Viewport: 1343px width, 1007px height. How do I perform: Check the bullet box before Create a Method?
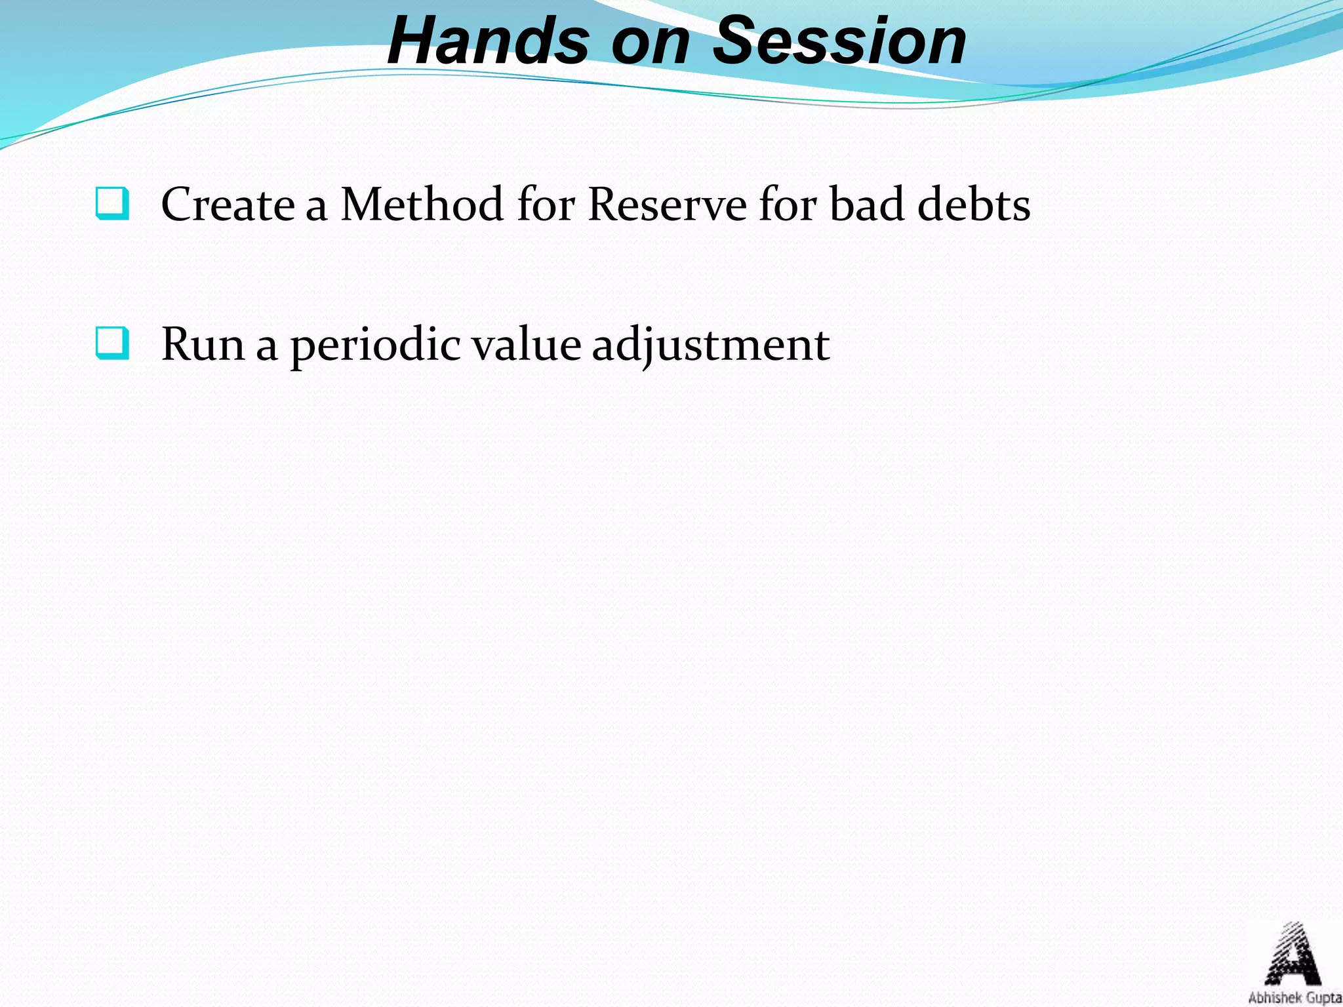112,203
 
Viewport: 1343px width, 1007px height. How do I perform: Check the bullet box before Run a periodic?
112,343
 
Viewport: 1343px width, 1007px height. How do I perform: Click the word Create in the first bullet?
228,205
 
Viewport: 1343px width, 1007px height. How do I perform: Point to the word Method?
422,205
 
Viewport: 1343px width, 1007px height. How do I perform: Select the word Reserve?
667,205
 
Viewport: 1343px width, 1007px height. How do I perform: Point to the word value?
527,344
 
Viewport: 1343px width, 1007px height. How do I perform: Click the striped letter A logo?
1292,954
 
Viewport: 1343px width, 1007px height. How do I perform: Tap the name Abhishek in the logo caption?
1271,998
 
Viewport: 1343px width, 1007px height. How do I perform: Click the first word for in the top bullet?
546,205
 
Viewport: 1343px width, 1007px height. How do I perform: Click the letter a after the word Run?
266,347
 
